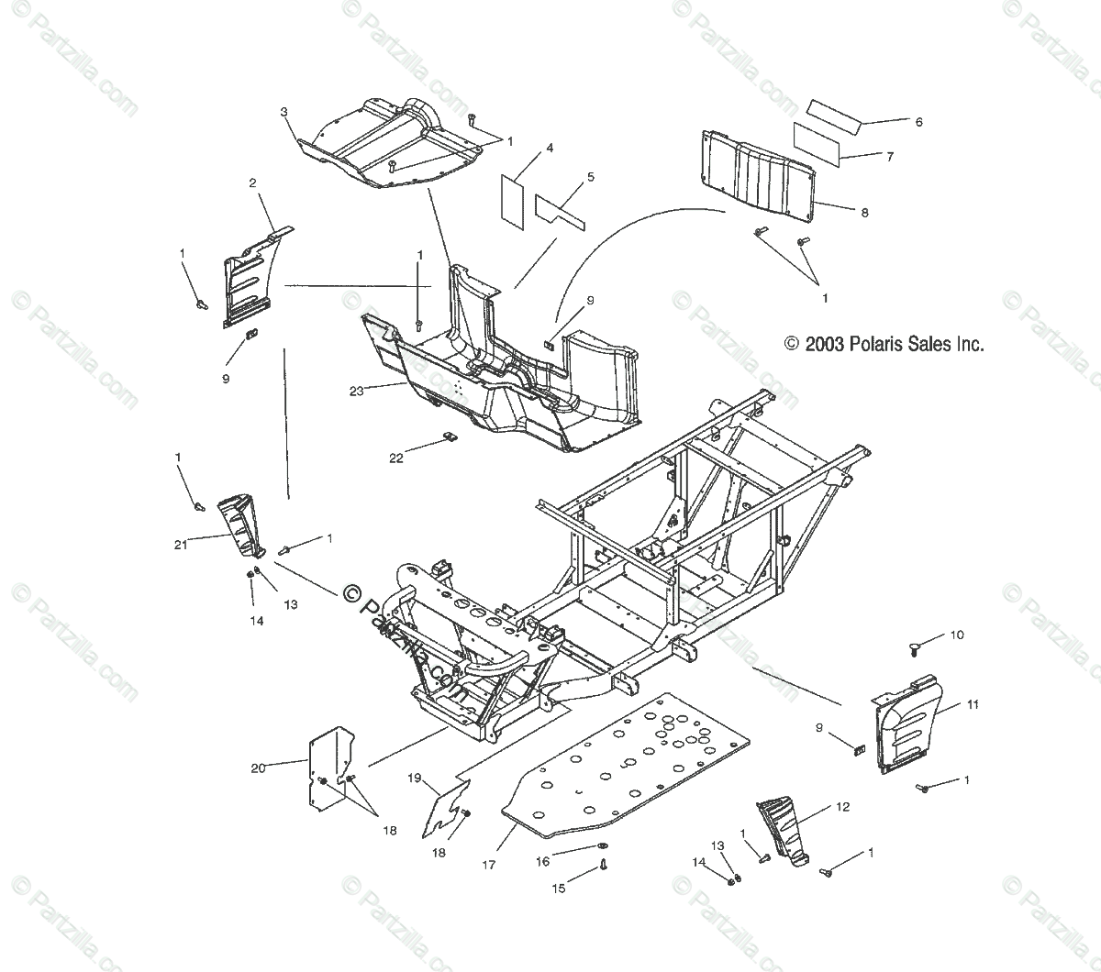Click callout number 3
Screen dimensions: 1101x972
(284, 112)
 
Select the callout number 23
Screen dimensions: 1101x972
(357, 391)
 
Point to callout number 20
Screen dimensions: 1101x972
(258, 768)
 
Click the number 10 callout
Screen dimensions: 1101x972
(957, 635)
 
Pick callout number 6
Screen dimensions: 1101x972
(918, 122)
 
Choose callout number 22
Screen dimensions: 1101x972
(395, 458)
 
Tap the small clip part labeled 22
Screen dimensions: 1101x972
(450, 437)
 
